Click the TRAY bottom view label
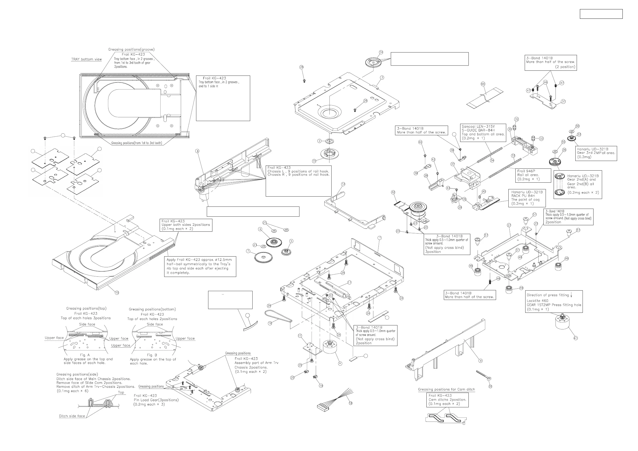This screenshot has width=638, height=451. pyautogui.click(x=87, y=59)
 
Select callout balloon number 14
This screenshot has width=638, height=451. pyautogui.click(x=381, y=52)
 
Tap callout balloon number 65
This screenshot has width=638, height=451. pyautogui.click(x=483, y=84)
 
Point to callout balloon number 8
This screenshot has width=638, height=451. pyautogui.click(x=197, y=151)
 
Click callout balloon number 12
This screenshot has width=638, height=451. pyautogui.click(x=343, y=184)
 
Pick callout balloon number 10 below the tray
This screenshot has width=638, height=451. pyautogui.click(x=117, y=293)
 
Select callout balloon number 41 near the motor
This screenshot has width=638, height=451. pyautogui.click(x=576, y=338)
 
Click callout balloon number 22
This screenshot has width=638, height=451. pyautogui.click(x=490, y=386)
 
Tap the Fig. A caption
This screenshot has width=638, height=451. pyautogui.click(x=85, y=355)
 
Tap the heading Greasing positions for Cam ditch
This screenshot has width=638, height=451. pyautogui.click(x=446, y=389)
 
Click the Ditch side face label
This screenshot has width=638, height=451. pyautogui.click(x=72, y=416)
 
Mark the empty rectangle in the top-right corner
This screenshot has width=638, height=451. pyautogui.click(x=601, y=14)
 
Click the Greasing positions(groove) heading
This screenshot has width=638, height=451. pyautogui.click(x=132, y=50)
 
